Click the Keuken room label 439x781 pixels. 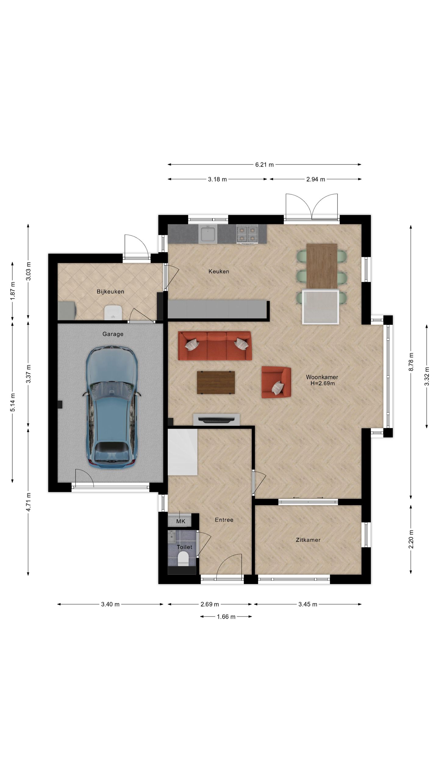click(219, 271)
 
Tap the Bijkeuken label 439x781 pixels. click(110, 292)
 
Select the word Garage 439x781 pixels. click(113, 334)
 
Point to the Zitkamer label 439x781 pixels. click(308, 540)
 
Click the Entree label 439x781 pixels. click(224, 520)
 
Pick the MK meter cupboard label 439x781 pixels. click(181, 521)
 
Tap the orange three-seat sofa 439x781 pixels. click(215, 346)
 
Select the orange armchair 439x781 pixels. click(276, 382)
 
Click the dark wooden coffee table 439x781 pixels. click(216, 383)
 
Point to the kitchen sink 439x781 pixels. click(208, 234)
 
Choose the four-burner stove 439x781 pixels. click(247, 234)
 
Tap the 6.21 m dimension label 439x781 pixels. click(264, 165)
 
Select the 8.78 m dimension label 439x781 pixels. click(411, 362)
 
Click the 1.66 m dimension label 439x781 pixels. click(226, 617)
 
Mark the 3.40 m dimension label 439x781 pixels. click(110, 604)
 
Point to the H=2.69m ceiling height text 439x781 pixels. click(323, 383)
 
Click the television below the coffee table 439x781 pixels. click(216, 420)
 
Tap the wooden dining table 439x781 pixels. click(322, 266)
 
